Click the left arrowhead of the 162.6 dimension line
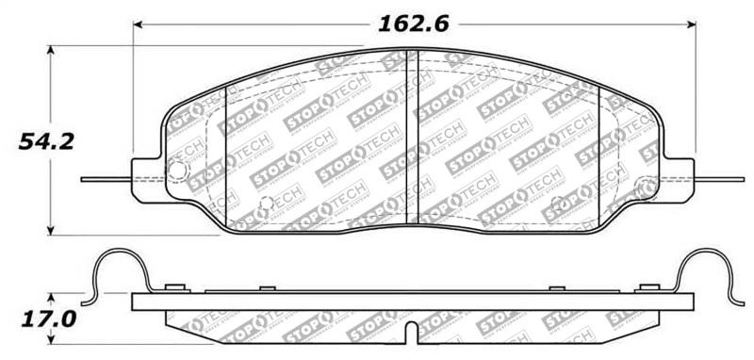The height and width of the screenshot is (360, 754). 139,24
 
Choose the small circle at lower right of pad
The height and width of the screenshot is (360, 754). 556,201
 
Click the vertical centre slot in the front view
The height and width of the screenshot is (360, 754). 411,137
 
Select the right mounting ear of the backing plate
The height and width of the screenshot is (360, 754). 677,179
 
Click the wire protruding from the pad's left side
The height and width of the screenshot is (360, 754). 104,179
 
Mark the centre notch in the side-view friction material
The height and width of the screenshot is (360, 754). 411,334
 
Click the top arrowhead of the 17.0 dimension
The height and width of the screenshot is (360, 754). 52,295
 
